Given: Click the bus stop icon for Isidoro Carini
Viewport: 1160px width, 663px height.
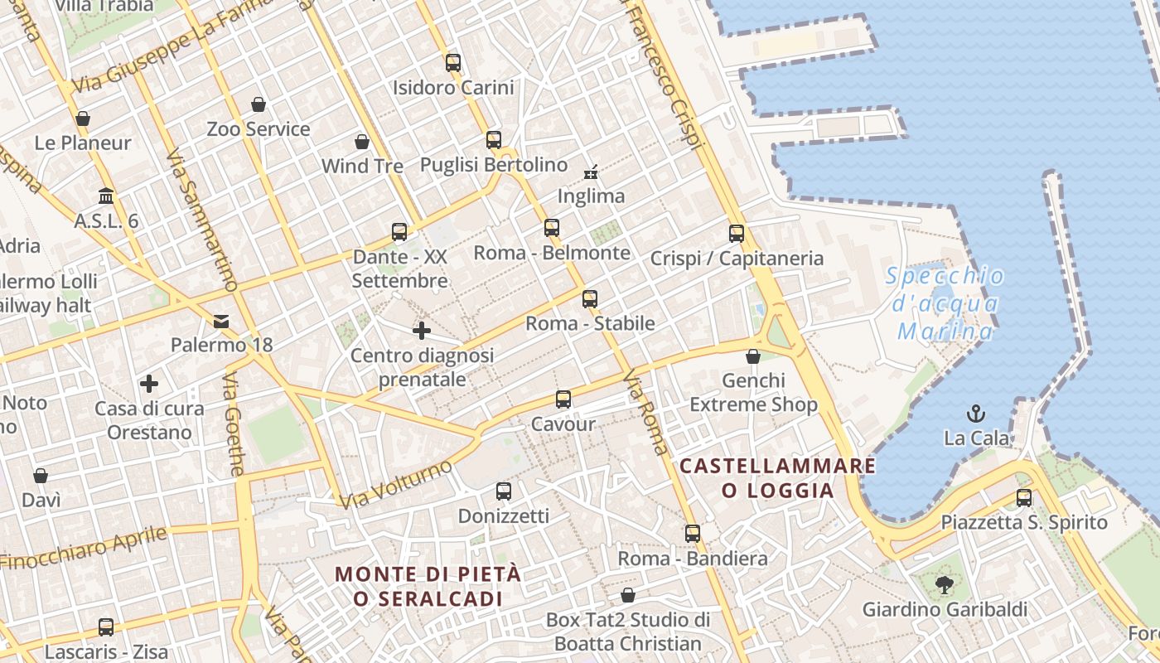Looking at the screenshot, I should click(452, 62).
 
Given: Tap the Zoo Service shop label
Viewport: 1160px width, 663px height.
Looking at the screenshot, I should click(259, 129).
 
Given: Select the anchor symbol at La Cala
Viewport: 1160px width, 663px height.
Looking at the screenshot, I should click(976, 413).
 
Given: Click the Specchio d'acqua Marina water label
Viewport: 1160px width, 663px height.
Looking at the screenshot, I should click(945, 304).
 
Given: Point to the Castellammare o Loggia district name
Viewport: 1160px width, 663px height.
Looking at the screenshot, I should click(777, 478).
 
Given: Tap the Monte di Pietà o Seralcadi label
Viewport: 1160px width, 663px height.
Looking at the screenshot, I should click(428, 586).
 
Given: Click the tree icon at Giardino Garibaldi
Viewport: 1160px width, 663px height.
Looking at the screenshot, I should click(944, 585).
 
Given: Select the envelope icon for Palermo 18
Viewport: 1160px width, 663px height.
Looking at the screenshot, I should click(221, 321).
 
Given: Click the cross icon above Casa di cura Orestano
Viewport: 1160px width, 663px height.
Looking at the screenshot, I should click(149, 384).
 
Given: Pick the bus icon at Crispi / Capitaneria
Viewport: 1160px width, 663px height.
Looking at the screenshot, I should click(736, 234).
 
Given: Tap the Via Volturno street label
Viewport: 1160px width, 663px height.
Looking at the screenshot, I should click(396, 484).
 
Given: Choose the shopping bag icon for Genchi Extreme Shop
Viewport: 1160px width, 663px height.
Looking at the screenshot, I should click(753, 356).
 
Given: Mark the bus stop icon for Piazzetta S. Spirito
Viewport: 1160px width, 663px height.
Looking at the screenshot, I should click(1024, 498).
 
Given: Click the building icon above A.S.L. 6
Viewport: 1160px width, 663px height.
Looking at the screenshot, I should click(106, 196).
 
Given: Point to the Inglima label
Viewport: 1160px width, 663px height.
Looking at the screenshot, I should click(591, 196).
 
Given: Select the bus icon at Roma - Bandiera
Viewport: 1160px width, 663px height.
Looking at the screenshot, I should click(693, 534).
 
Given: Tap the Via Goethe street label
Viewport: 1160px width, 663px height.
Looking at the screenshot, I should click(234, 423).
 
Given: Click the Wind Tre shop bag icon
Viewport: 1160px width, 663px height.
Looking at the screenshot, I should click(362, 142).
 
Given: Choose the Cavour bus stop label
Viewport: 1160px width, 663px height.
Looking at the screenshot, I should click(563, 424).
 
